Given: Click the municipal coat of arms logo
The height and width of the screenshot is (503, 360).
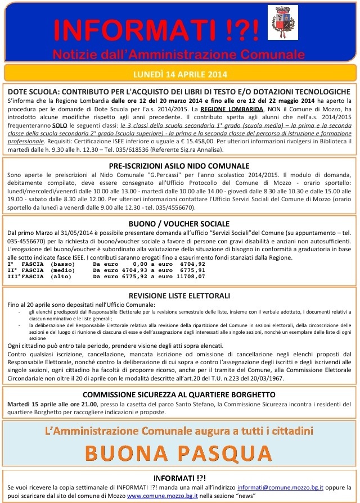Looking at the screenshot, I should point(282,22).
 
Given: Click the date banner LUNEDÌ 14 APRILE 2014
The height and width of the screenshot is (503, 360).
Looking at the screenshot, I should point(179,74).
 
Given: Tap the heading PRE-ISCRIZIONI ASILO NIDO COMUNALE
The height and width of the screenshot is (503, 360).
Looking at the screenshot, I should point(179,166).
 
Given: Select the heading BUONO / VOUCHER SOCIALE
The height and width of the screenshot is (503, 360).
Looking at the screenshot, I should point(179,224).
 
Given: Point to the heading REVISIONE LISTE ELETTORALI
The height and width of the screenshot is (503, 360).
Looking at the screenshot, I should point(179,296).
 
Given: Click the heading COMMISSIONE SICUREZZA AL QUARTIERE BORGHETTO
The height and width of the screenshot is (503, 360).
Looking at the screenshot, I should point(179,394).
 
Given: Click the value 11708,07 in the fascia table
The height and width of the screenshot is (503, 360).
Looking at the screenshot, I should point(190,277).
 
